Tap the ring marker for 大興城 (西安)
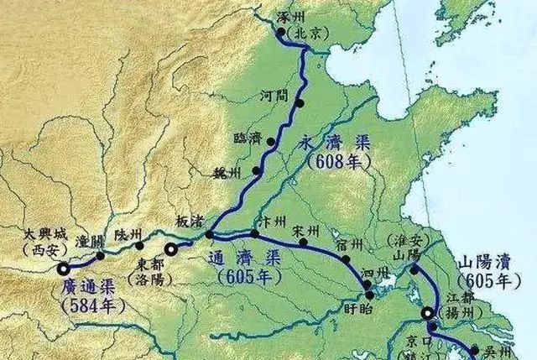click(64, 269)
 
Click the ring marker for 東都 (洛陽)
click(171, 249)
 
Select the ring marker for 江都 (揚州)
click(429, 314)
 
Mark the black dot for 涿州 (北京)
click(281, 33)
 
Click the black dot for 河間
click(299, 103)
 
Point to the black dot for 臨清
click(270, 142)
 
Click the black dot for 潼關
click(101, 255)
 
